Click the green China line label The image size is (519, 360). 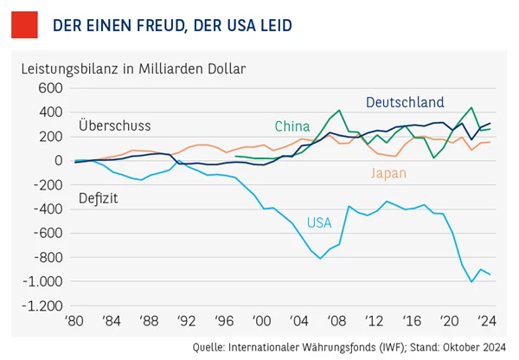tap(292, 126)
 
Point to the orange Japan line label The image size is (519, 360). tap(388, 173)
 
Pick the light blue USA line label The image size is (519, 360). tap(319, 222)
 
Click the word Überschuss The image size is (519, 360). tap(108, 125)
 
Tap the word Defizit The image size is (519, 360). tap(98, 198)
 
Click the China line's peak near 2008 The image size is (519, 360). tap(339, 111)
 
